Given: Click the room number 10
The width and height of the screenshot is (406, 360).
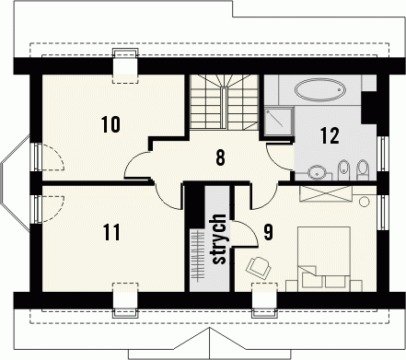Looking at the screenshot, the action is tap(111, 124).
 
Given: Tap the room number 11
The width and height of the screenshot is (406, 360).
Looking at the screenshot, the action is tap(111, 232).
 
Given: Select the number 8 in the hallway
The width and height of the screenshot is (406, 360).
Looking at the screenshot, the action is tap(220, 157).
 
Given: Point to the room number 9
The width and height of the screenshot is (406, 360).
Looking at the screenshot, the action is tap(268, 232).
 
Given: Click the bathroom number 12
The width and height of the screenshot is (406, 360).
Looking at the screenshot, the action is tap(330, 135).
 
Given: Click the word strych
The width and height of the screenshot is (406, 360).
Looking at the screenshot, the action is tap(219, 238).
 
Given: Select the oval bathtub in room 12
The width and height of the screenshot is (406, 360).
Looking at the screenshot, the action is tap(320, 89).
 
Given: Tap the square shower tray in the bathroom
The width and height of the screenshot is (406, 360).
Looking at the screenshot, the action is tap(277, 122).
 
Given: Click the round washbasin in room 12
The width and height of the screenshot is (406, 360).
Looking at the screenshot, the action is tap(317, 172).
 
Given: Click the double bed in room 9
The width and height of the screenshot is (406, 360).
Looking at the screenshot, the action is tap(324, 257).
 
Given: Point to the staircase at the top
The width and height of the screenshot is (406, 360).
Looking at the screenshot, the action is tap(224, 102).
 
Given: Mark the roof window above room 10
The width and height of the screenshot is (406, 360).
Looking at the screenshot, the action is tap(125, 65).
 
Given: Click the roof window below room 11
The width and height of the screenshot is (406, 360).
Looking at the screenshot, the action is tap(125, 300).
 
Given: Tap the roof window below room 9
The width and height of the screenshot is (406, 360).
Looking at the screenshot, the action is tap(264, 300).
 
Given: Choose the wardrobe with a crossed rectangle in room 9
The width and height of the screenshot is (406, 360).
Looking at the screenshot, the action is tap(326, 193).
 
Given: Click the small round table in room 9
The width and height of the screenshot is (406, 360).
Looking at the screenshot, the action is tap(365, 202).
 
